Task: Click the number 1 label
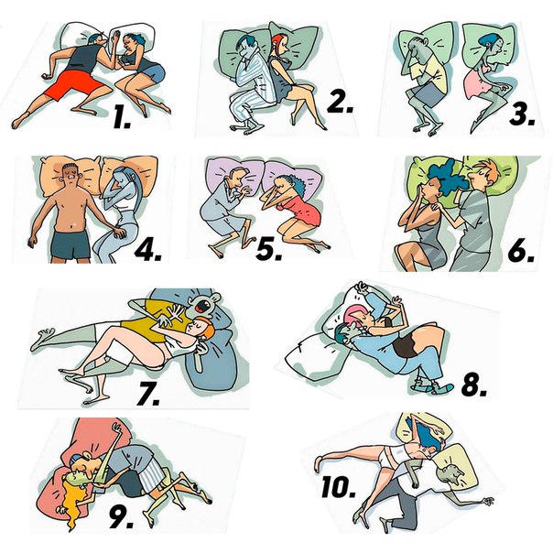tap(122, 117)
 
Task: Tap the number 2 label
tap(340, 102)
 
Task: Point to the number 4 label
tap(147, 250)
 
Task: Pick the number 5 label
tap(269, 249)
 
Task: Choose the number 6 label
tap(521, 251)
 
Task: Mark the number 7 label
tap(148, 393)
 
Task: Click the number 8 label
tap(474, 385)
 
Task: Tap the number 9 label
tap(121, 517)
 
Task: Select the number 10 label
tap(339, 487)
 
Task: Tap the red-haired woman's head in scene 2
tap(279, 44)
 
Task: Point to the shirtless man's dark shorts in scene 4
tap(70, 244)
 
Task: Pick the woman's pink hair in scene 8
tap(355, 316)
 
